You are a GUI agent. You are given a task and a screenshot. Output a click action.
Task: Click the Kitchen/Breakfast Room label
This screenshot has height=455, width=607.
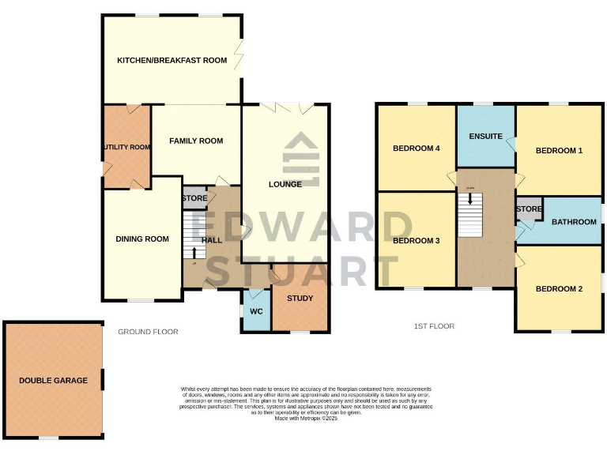172,61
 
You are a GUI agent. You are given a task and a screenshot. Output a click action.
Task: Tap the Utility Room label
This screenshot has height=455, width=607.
126,147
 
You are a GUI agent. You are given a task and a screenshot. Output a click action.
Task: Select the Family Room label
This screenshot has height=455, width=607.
196,141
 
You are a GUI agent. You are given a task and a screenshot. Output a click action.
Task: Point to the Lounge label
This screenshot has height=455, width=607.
285,185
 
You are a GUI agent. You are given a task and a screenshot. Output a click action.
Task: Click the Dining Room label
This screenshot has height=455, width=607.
142,239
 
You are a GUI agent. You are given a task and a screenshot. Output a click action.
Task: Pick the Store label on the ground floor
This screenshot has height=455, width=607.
194,198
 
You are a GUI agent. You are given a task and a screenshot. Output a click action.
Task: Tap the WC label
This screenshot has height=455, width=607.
255,311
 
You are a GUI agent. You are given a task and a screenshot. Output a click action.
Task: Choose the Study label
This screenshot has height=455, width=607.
300,299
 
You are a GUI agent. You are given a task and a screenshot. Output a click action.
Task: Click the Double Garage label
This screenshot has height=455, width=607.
53,381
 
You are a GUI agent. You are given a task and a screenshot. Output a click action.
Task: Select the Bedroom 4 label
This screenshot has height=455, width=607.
416,149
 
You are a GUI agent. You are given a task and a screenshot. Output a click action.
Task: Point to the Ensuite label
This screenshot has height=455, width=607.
485,136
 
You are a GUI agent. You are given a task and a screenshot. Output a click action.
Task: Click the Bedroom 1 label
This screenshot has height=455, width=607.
559,150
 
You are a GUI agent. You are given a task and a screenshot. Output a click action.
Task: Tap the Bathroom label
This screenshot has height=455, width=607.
574,222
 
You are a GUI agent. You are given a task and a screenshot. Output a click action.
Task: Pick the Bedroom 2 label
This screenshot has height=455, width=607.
559,289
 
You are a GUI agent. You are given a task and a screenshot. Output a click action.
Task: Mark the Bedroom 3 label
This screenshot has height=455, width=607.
416,241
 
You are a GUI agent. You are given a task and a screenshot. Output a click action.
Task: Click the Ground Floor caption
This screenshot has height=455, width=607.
148,332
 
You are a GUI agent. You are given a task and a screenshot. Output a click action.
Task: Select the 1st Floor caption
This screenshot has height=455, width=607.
434,325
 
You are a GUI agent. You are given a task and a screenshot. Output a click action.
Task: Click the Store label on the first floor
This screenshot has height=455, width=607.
529,209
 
